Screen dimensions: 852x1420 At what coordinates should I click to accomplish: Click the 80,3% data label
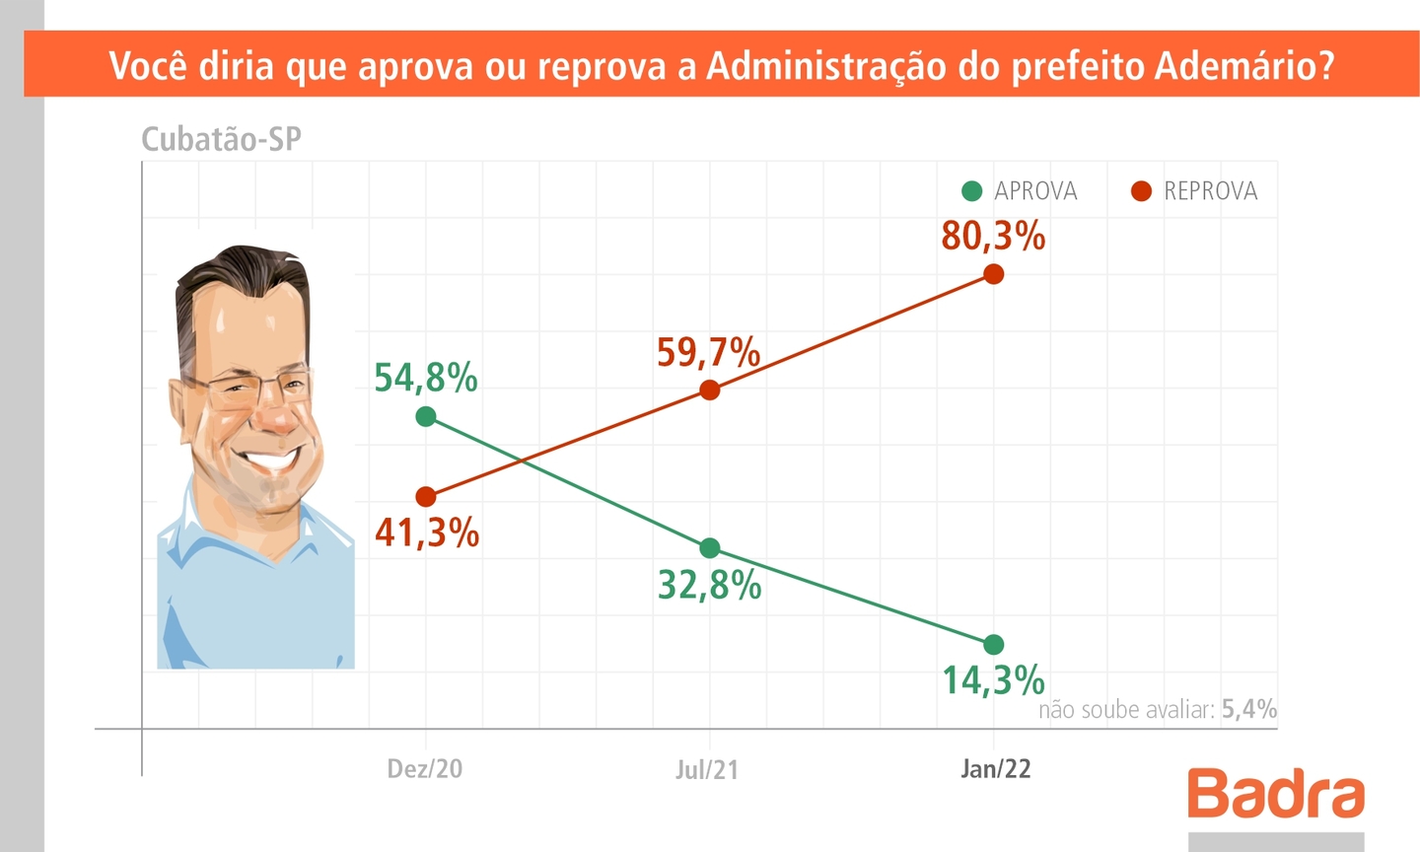(993, 237)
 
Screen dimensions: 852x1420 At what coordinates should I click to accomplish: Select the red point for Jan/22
(994, 274)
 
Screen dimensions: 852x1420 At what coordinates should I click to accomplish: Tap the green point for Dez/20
(426, 416)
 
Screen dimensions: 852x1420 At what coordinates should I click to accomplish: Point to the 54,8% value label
(426, 378)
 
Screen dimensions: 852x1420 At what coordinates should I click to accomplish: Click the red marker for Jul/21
(709, 390)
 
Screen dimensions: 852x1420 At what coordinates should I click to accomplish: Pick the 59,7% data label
(709, 352)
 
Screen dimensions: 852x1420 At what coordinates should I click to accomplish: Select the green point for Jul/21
(709, 548)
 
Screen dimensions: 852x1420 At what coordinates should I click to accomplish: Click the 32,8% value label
(710, 586)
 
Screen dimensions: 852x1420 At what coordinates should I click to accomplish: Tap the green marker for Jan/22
(994, 645)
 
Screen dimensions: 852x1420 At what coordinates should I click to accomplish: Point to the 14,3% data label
(993, 680)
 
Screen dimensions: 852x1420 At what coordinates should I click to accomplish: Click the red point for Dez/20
(426, 497)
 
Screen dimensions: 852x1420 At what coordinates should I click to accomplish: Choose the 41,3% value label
(427, 533)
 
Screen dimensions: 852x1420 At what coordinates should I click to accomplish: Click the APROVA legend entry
(1021, 191)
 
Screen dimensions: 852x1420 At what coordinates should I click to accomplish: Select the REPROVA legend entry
(1195, 191)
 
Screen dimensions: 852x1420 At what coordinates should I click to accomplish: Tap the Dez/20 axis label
(425, 769)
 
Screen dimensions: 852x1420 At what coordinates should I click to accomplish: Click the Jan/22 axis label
(996, 769)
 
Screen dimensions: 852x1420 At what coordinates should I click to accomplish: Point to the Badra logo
(1276, 793)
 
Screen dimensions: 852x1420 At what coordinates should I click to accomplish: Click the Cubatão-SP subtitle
(221, 139)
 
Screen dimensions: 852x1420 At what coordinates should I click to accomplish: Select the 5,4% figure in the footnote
(1248, 709)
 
